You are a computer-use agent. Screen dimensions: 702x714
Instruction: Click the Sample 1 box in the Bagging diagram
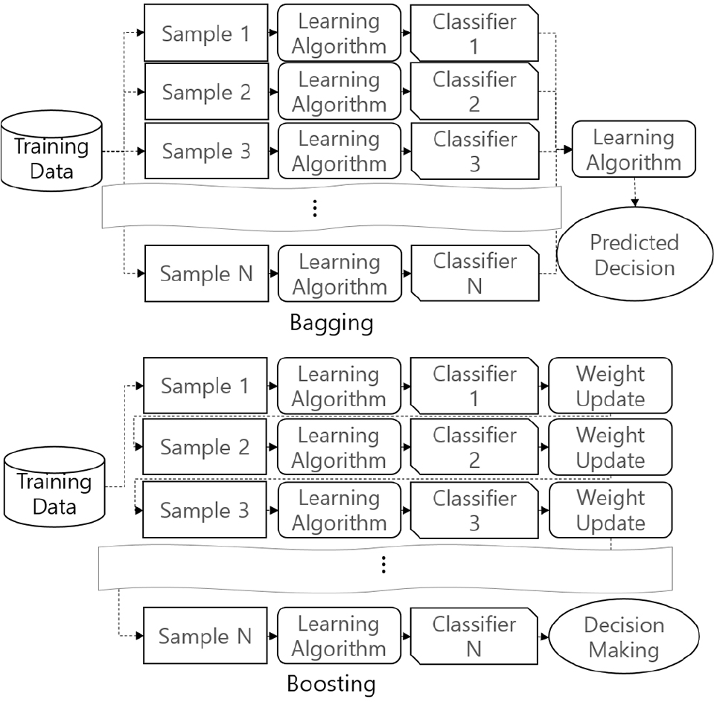click(x=205, y=33)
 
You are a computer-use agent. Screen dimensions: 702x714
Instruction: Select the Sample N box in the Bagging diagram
click(x=205, y=274)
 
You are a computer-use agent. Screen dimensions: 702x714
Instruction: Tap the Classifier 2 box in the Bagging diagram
click(x=474, y=91)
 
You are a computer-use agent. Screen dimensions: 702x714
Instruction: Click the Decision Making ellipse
click(x=623, y=637)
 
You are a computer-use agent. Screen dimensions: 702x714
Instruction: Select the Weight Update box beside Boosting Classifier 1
click(x=610, y=387)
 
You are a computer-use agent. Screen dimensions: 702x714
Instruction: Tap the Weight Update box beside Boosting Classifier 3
click(x=610, y=511)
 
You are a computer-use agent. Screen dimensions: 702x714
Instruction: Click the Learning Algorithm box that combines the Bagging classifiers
click(x=633, y=149)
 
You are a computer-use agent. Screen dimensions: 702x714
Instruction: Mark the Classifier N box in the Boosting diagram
click(x=474, y=637)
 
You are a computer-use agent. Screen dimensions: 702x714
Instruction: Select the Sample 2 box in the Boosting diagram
click(x=205, y=448)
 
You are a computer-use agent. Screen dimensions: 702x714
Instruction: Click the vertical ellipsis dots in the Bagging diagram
click(x=316, y=209)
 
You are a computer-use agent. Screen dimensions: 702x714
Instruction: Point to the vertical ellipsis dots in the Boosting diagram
click(x=383, y=566)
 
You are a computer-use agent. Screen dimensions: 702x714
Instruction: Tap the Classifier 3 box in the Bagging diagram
click(x=474, y=152)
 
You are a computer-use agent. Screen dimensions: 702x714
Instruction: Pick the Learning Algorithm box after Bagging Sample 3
click(x=339, y=152)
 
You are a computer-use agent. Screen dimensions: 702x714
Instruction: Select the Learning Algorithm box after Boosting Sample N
click(x=339, y=637)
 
